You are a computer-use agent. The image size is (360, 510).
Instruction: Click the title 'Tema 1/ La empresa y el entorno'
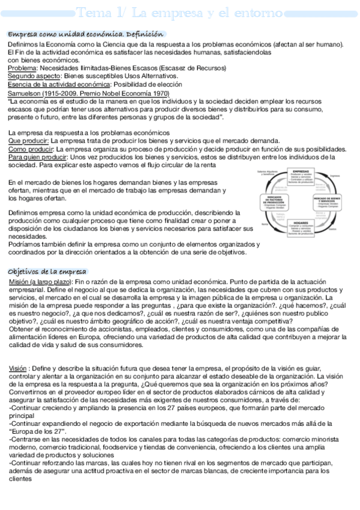180,12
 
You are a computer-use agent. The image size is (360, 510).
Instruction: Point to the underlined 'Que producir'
28,141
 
